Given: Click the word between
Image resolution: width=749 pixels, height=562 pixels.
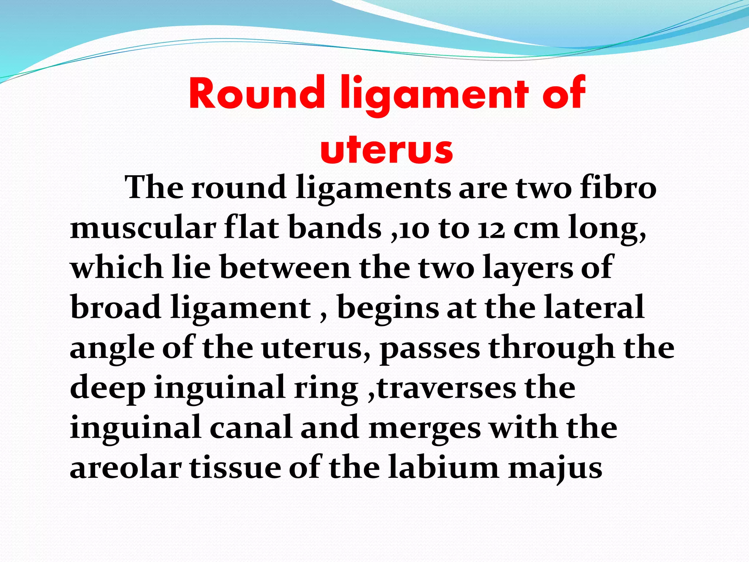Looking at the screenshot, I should (286, 267).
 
